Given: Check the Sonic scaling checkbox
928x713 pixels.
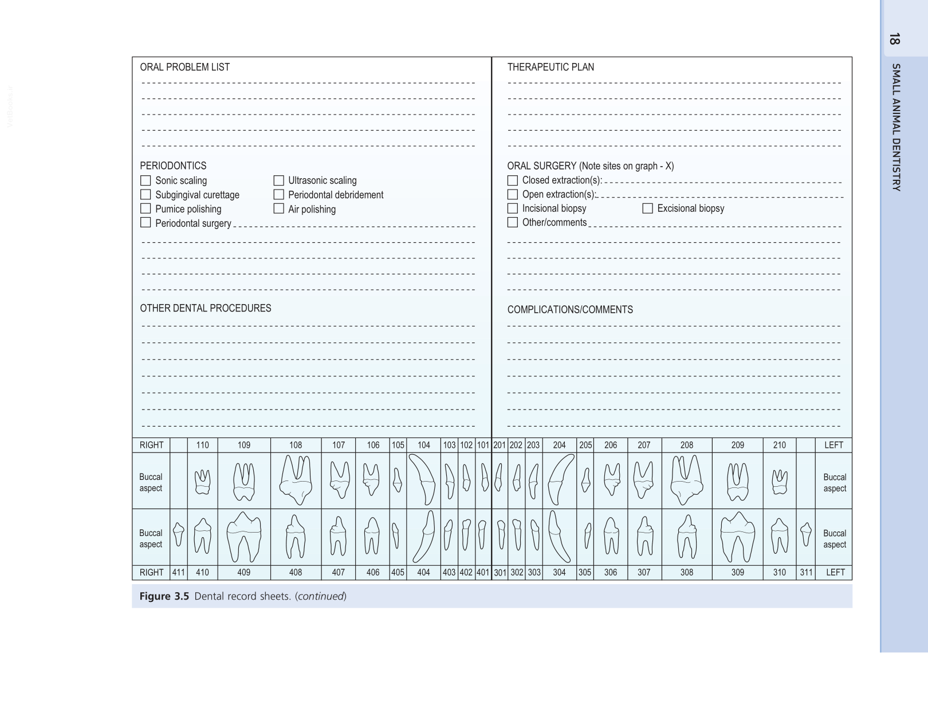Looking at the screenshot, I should click(x=146, y=180).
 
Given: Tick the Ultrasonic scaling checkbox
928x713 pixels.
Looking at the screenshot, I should click(x=278, y=180).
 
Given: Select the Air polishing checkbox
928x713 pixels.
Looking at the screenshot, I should click(x=278, y=208).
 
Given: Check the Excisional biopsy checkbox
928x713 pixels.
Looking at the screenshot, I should click(x=647, y=208).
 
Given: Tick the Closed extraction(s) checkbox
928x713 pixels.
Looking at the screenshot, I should click(x=512, y=180).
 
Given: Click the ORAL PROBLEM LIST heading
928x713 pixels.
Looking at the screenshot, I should click(x=184, y=67).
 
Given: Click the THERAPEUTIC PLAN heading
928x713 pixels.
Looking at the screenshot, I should click(x=550, y=67).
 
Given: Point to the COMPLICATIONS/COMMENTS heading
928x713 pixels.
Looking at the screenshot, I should click(x=569, y=310).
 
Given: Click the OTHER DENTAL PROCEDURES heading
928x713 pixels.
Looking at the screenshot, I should click(x=205, y=308).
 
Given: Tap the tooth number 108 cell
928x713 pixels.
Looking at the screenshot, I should click(x=296, y=445).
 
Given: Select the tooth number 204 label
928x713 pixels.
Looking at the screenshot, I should click(x=559, y=445).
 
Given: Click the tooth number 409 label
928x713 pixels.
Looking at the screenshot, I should click(x=244, y=572).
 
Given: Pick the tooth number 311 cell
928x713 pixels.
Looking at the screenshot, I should click(x=806, y=572).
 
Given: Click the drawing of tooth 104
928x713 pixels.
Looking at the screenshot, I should click(x=423, y=480).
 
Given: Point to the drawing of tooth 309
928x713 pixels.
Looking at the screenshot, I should click(x=737, y=537).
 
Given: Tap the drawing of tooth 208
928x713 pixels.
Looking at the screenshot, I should click(x=686, y=480).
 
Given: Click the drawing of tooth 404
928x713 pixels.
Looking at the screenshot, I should click(x=424, y=537).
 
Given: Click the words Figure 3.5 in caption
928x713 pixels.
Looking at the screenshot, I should click(x=164, y=596).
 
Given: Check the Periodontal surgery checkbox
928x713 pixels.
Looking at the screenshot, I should click(x=146, y=223).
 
